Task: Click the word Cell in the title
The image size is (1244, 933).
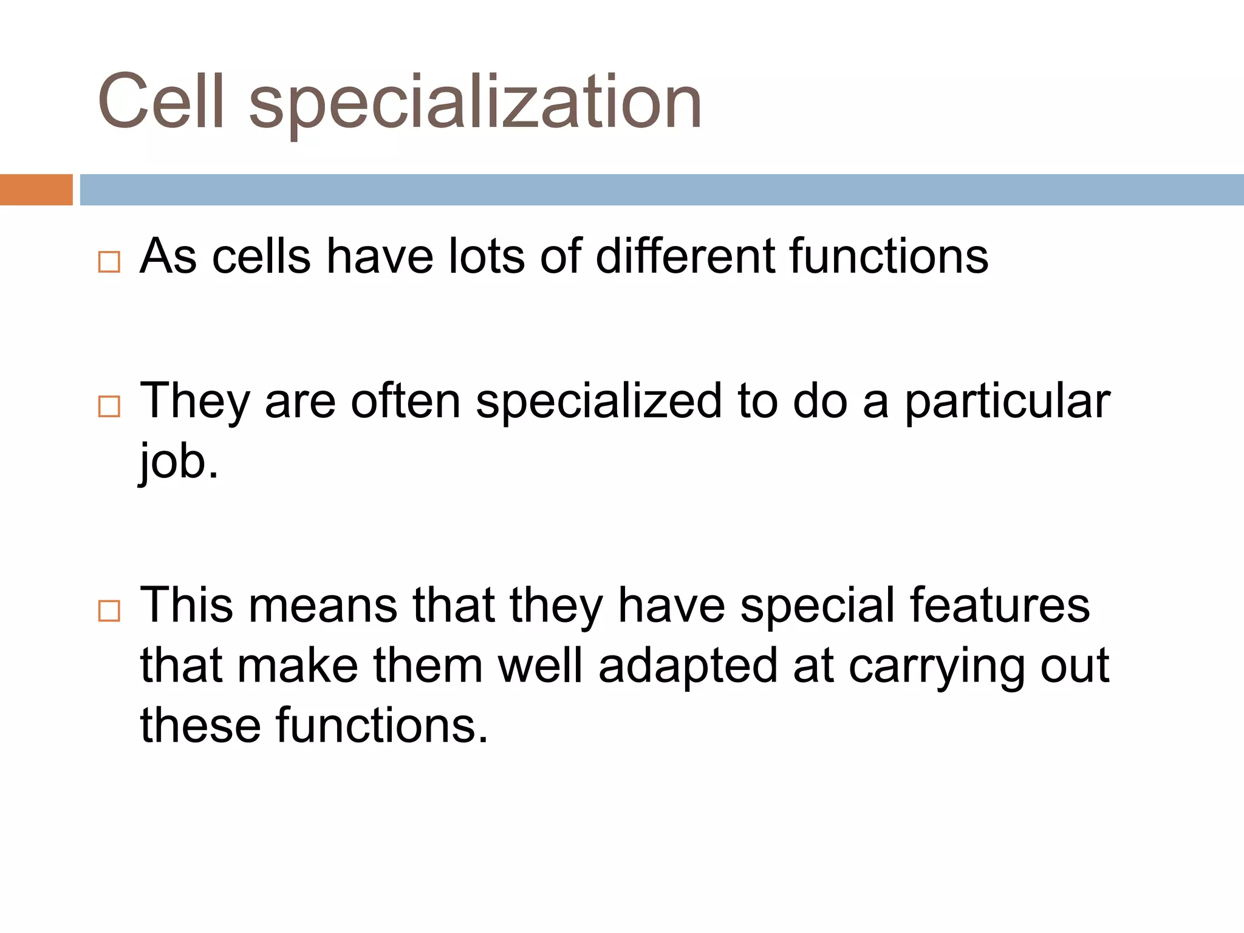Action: (x=160, y=101)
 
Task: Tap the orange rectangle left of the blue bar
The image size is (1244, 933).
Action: (x=36, y=190)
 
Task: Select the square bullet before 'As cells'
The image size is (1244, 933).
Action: (x=109, y=262)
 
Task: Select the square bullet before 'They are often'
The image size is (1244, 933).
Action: (x=109, y=406)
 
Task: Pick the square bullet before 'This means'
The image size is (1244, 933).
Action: (x=109, y=610)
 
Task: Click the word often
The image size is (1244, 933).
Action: (x=406, y=401)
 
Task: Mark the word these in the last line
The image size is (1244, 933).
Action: (x=200, y=725)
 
